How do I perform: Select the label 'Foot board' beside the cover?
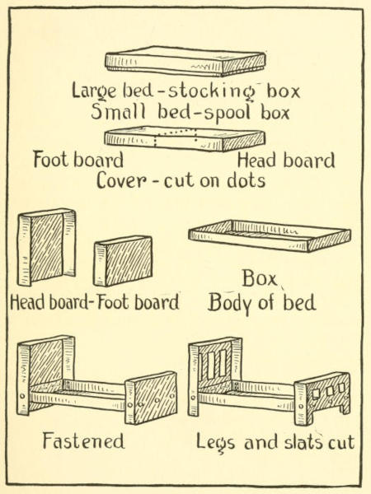78,160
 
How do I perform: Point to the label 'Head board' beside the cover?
286,161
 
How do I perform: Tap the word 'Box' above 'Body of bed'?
259,278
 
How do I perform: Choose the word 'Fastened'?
83,440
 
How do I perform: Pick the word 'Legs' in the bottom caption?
215,443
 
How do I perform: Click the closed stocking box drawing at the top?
185,62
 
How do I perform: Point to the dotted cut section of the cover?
176,138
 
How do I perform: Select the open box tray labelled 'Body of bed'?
270,236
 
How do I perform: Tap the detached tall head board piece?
47,247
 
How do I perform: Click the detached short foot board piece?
123,261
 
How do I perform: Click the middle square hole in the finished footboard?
330,391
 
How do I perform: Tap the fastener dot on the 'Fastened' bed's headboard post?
22,396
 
